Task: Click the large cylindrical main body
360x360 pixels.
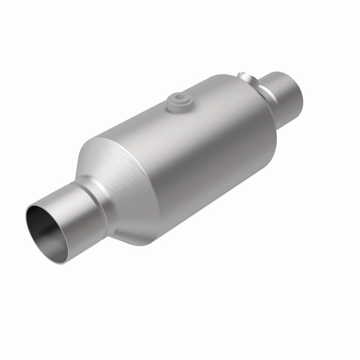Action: coord(189,144)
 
